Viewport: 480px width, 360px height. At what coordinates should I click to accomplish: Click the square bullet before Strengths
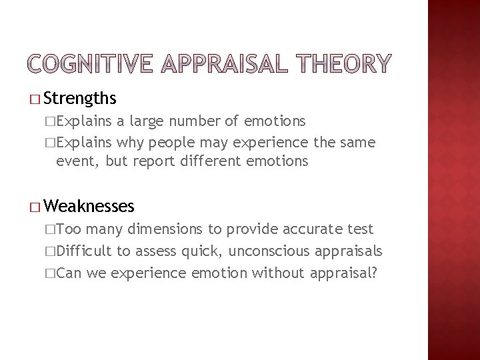(35, 100)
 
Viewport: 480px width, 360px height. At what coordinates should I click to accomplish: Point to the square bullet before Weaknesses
(35, 207)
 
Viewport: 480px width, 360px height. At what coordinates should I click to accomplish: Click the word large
(149, 121)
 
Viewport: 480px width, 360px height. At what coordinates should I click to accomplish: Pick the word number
(197, 121)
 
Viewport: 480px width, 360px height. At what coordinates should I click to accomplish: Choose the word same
(357, 142)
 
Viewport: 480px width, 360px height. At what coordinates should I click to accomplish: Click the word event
(76, 161)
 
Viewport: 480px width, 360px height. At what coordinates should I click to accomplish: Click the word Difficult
(85, 251)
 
